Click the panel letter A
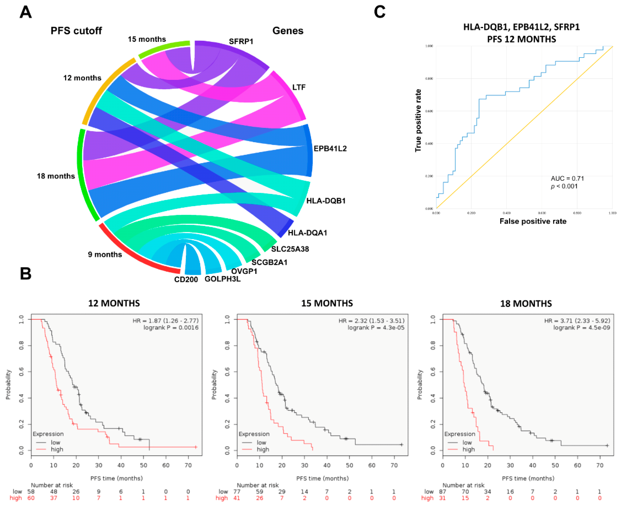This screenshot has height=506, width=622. click(26, 12)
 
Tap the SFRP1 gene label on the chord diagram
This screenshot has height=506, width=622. click(241, 41)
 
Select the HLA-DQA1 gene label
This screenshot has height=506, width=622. click(307, 233)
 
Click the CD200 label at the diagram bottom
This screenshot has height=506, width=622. click(186, 280)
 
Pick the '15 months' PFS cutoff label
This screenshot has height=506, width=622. click(147, 39)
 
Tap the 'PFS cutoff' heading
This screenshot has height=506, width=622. click(76, 31)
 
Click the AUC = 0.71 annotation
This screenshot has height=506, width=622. click(567, 178)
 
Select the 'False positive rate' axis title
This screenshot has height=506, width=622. click(533, 221)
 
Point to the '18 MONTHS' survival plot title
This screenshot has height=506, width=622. click(526, 304)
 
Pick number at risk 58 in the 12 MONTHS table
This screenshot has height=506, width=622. click(31, 491)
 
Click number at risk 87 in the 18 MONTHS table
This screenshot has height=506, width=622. click(442, 491)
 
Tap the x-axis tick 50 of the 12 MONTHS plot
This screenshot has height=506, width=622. click(143, 465)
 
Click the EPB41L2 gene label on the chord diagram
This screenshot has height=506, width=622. click(330, 149)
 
